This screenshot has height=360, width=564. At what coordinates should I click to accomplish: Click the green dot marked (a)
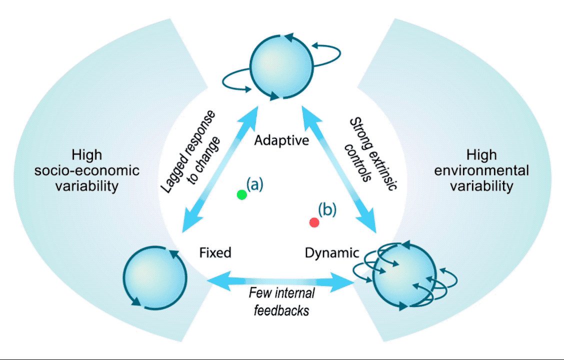(x=242, y=194)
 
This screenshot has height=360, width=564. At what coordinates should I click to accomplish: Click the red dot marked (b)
(x=314, y=222)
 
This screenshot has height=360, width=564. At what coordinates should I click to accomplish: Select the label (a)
(x=254, y=184)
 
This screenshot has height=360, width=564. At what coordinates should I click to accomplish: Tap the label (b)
(x=327, y=210)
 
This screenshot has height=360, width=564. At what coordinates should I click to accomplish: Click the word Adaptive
(x=281, y=140)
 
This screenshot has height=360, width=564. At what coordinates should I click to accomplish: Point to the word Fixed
(x=215, y=252)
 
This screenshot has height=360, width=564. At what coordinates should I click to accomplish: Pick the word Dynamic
(x=332, y=252)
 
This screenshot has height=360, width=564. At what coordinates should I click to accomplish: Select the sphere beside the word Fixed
(x=155, y=275)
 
